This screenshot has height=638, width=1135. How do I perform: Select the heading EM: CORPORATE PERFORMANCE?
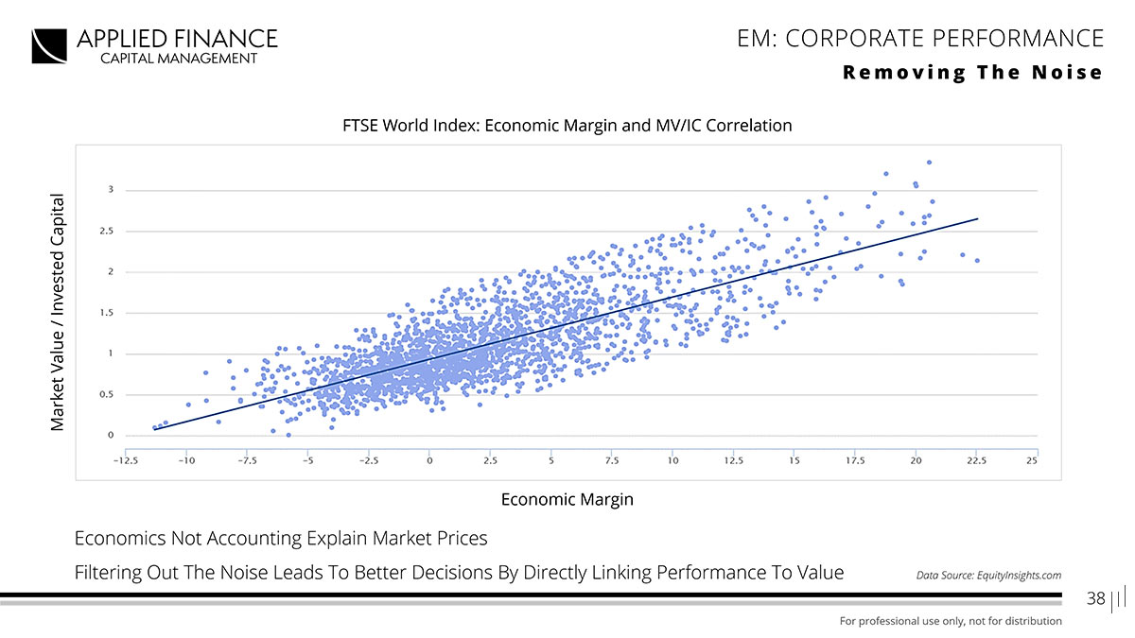[x=919, y=38]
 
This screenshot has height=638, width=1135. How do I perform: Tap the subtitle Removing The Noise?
[x=973, y=73]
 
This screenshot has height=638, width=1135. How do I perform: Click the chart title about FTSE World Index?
[x=567, y=125]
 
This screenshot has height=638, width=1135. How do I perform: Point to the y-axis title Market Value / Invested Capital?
[x=59, y=312]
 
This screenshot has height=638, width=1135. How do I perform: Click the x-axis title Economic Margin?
[x=567, y=499]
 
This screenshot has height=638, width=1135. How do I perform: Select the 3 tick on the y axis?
[x=112, y=190]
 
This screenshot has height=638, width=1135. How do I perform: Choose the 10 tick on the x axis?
[x=672, y=460]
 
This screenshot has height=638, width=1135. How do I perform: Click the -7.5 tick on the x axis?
[x=248, y=460]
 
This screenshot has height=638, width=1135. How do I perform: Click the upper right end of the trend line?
[x=977, y=218]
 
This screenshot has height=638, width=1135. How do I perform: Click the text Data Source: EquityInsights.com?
[x=988, y=575]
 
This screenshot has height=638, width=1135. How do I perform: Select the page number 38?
[x=1096, y=598]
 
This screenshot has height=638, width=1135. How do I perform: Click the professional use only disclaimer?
[x=951, y=621]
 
